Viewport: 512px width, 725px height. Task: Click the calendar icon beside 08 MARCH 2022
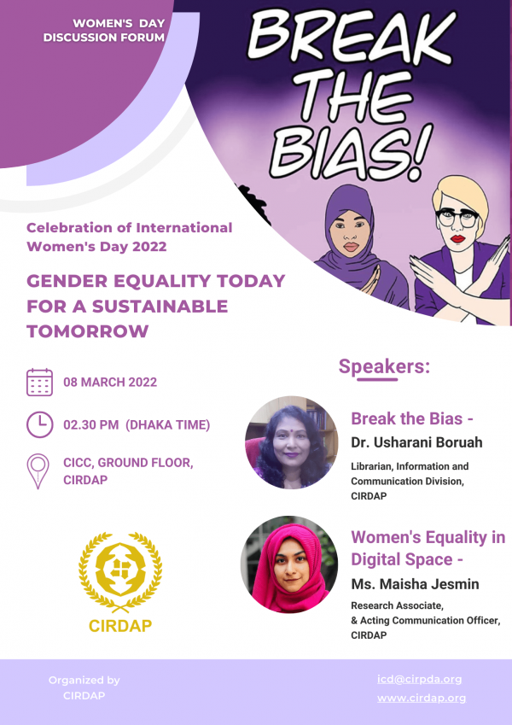tap(39, 382)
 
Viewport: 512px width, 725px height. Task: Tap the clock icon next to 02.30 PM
tap(39, 424)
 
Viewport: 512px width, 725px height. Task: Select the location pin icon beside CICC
tap(38, 471)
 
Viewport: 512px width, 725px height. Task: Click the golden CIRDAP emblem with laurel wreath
tap(120, 572)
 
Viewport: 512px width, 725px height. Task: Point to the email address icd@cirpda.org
tap(419, 679)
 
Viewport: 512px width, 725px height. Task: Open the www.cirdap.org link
tap(422, 698)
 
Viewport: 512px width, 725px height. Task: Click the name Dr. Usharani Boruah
tap(416, 442)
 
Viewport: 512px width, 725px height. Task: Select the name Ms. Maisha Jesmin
tap(415, 584)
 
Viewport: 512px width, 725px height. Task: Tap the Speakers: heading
tap(384, 366)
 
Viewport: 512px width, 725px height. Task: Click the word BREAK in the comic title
tap(352, 36)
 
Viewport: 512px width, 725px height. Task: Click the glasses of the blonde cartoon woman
tap(457, 216)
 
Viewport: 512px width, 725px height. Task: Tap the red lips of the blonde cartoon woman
tap(457, 238)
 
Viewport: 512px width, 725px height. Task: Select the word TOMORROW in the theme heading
tap(87, 331)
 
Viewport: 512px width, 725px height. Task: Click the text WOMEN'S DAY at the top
tap(119, 23)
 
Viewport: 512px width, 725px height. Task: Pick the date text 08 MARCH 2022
tap(110, 382)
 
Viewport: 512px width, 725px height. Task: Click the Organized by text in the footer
tap(84, 680)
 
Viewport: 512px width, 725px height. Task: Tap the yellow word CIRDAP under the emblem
tap(120, 626)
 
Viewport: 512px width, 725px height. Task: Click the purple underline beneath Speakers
tap(377, 380)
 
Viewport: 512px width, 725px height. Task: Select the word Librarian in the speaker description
tap(370, 466)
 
